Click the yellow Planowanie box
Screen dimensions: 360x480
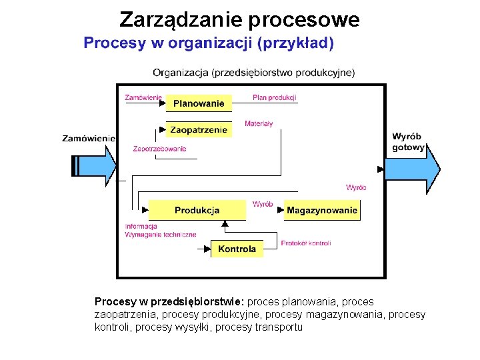(199, 103)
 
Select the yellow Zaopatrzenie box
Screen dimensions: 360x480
(199, 130)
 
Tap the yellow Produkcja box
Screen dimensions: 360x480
(197, 211)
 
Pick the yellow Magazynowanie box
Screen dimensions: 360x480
(322, 211)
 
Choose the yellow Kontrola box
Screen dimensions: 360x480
(237, 249)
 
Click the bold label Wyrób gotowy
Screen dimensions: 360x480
(407, 141)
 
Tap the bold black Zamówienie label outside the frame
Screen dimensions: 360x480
(89, 138)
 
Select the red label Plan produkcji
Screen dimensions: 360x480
(274, 97)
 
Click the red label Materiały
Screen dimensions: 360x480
(259, 123)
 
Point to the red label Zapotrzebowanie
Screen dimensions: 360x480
(159, 149)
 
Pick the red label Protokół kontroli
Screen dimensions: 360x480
(306, 243)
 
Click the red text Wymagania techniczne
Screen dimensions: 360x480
(161, 235)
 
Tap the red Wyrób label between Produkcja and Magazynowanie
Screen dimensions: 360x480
(263, 204)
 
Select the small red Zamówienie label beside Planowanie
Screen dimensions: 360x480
(143, 97)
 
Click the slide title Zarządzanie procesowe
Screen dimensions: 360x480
(239, 20)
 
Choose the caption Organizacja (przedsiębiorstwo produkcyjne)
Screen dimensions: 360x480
(253, 72)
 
